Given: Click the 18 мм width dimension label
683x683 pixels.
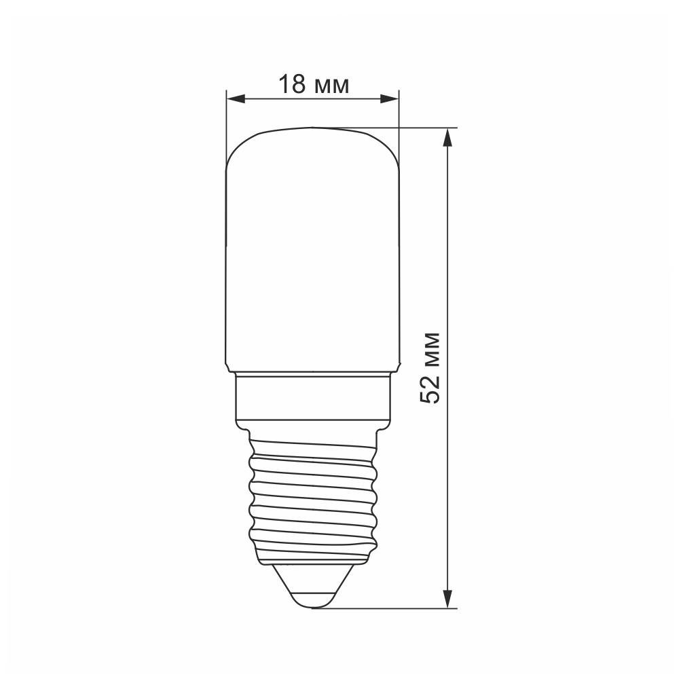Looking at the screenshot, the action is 314,84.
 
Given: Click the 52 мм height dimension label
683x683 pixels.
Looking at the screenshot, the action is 430,368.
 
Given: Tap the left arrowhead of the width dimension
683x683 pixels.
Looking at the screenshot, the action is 236,99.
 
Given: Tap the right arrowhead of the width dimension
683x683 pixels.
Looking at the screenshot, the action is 390,99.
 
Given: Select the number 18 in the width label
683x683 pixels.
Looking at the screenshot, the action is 292,84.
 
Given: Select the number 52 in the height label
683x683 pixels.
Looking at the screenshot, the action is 430,389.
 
